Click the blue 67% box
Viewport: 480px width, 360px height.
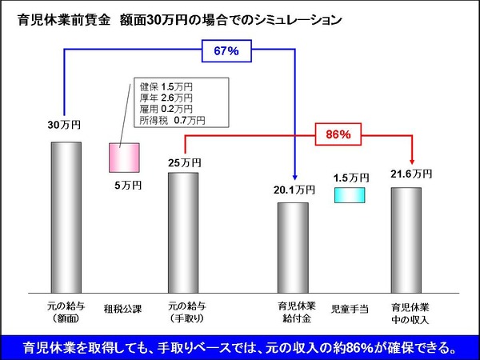(226, 52)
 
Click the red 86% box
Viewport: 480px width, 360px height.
(339, 134)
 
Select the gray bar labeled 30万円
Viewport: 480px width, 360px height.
(66, 217)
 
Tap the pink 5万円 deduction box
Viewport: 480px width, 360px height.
(124, 158)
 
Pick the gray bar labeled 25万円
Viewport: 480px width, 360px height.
(183, 232)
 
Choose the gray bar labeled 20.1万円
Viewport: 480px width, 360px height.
(293, 247)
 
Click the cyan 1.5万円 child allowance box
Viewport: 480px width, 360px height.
(350, 195)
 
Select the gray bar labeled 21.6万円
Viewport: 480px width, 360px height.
(406, 239)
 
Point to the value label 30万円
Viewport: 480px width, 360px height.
(64, 126)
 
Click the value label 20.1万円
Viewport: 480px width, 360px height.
(291, 190)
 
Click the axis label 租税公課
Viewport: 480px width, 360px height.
(124, 307)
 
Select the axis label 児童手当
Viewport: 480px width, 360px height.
(350, 307)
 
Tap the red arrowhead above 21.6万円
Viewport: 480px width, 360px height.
(411, 162)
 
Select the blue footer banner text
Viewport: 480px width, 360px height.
(240, 347)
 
